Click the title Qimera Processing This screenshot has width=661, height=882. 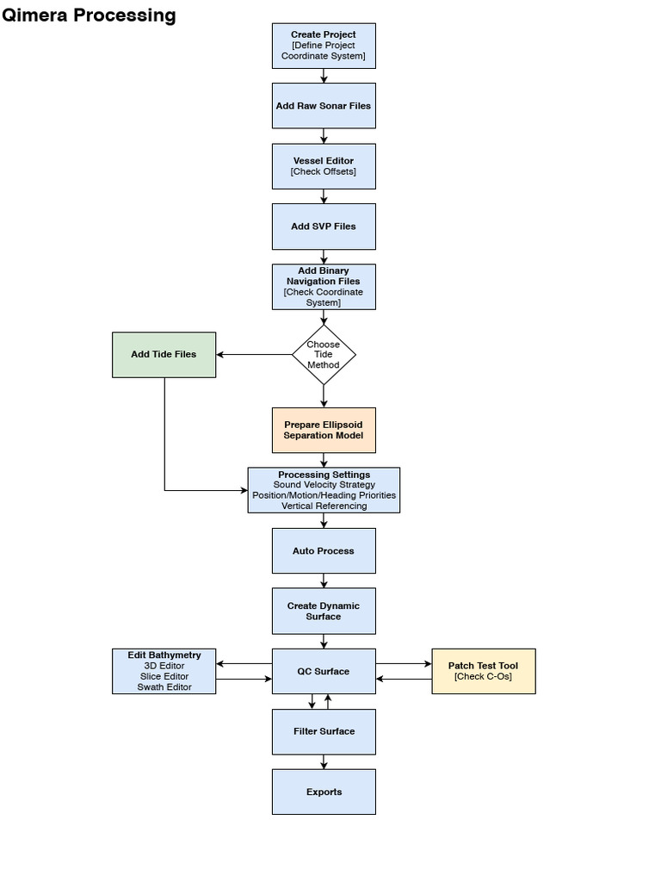(89, 15)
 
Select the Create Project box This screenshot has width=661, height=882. (324, 46)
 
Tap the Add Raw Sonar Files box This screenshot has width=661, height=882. (324, 106)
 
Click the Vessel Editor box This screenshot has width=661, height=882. (324, 166)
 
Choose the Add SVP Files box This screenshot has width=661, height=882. (324, 227)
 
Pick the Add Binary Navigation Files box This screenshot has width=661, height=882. (324, 286)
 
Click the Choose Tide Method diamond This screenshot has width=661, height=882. (324, 355)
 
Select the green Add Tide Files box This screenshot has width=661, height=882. (164, 354)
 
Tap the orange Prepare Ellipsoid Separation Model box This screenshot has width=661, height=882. (324, 430)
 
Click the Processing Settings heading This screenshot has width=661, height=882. (324, 475)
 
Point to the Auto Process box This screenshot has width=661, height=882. (324, 551)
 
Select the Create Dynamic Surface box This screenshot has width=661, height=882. (324, 611)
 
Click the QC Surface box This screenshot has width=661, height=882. (324, 671)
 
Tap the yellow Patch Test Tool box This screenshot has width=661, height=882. (483, 671)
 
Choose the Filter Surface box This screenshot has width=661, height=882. (324, 731)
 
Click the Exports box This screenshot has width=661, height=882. (324, 792)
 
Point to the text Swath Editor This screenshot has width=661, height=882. (164, 687)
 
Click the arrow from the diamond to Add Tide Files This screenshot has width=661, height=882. (254, 354)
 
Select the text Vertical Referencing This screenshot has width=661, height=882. (324, 506)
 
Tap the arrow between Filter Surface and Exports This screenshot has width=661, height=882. (324, 761)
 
